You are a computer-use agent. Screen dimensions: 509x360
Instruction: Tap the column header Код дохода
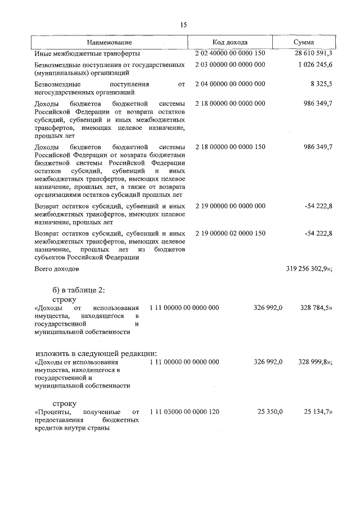coord(229,43)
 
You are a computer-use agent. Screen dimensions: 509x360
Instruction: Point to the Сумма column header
coord(304,43)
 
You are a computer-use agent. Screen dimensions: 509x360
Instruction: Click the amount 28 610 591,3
coord(313,53)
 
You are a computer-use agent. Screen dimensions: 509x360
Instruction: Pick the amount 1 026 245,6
coord(315,65)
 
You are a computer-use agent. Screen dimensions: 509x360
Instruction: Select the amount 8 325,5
coord(321,84)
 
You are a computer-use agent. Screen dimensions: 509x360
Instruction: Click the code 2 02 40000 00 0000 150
coord(230,53)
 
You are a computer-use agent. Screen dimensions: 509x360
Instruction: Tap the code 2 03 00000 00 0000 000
coord(230,65)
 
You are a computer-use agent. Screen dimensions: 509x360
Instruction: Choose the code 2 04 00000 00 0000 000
coord(230,84)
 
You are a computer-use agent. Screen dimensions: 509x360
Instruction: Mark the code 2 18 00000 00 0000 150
coord(230,147)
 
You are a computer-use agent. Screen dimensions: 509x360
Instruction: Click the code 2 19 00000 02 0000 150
coord(230,232)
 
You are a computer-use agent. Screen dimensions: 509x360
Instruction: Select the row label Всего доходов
coord(57,269)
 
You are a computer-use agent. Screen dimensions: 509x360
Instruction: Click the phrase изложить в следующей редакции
coord(93,353)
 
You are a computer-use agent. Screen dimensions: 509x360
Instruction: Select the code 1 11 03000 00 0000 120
coord(184,412)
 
